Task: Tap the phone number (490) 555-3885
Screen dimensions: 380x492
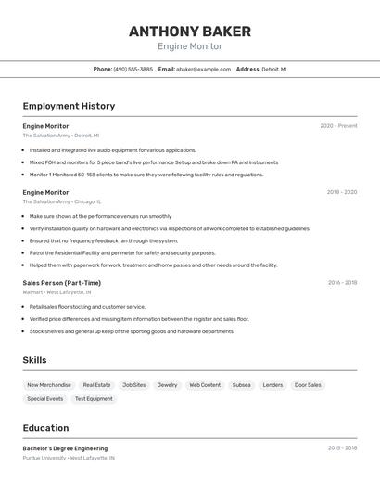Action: pos(133,69)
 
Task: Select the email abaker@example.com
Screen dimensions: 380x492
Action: pos(203,69)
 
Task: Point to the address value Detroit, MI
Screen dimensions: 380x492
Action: pos(274,69)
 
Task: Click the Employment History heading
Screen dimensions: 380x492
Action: pos(69,106)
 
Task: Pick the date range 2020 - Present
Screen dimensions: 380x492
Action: pos(338,126)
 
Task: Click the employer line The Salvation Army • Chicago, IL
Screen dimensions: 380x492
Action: pos(62,201)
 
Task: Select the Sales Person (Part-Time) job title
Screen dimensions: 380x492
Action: pos(62,283)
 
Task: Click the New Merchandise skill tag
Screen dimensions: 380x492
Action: pos(49,385)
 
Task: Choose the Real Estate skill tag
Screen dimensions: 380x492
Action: pos(96,385)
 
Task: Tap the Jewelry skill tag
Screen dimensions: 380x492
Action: pos(167,385)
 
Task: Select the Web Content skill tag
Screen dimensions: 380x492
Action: pos(205,385)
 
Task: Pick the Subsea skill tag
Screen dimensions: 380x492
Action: pos(241,385)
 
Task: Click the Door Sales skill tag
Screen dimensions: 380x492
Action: pos(308,385)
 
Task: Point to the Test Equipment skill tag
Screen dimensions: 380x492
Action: pos(94,399)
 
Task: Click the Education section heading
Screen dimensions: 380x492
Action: pos(45,428)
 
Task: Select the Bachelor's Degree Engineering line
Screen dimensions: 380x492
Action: pos(65,448)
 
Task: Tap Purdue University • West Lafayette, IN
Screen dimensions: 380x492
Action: pos(69,458)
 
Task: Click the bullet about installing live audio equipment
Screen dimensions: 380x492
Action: pos(112,150)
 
